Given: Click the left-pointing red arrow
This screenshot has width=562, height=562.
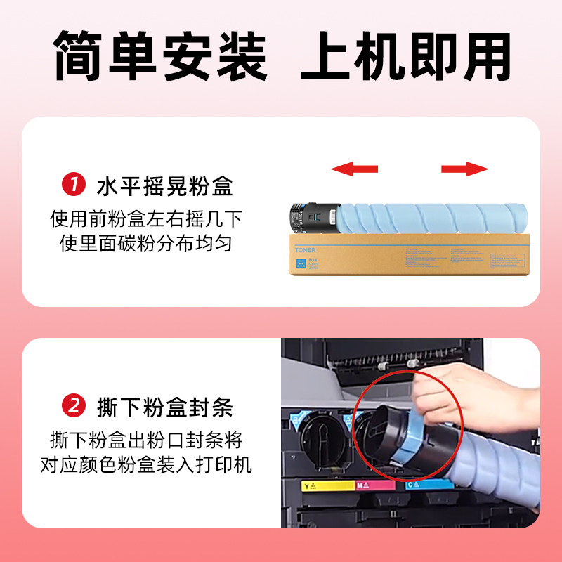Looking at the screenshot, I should [354, 169].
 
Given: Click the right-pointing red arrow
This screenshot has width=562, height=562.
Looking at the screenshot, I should [464, 169].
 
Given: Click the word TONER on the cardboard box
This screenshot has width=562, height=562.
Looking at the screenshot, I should [306, 250].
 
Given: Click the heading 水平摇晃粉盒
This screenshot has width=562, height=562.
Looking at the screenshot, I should [164, 188].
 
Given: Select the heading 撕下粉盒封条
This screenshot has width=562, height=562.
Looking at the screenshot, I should [164, 407].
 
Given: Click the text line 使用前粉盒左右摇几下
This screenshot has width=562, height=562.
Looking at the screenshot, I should [145, 219].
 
